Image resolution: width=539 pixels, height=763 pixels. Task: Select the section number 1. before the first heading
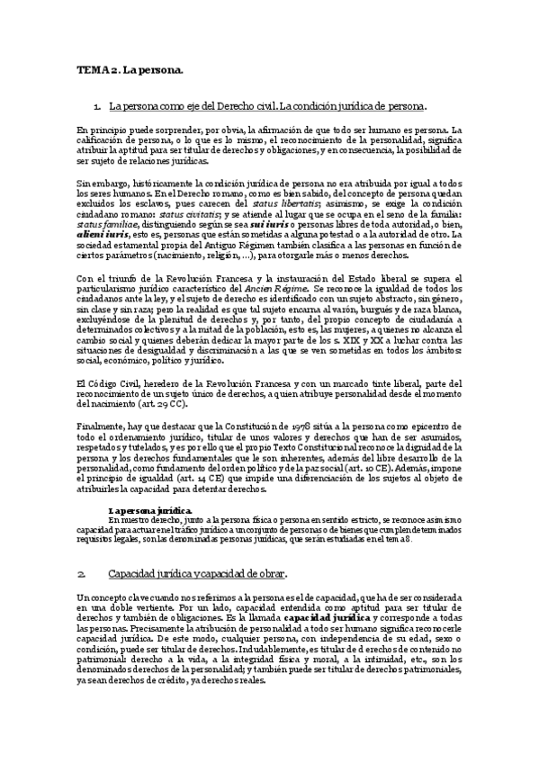[x=109, y=107]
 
